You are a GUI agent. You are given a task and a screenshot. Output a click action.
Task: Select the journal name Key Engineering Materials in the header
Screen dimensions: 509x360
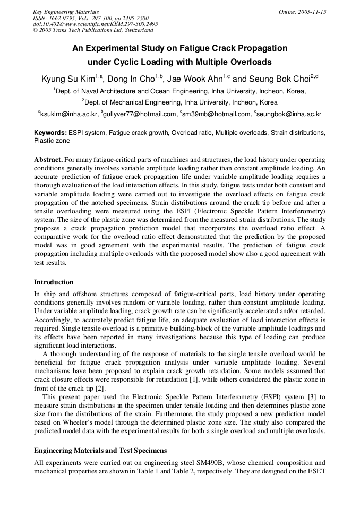66,12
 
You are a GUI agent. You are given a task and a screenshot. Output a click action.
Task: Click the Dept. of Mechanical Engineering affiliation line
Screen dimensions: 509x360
180,102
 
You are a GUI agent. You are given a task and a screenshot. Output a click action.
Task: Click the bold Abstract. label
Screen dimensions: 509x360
48,160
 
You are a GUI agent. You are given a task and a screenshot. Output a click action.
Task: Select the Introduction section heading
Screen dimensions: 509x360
54,282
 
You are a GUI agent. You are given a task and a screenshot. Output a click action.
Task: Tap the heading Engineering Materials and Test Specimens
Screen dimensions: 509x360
100,450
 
